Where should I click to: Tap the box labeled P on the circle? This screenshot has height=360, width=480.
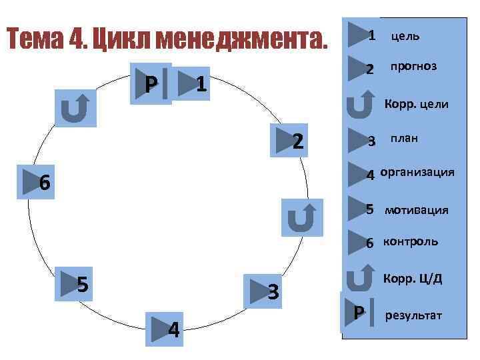[x=152, y=84]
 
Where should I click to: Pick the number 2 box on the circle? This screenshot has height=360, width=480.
[x=290, y=140]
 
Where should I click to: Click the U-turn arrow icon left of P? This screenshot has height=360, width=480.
[x=75, y=108]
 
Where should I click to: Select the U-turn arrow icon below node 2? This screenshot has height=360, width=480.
[x=302, y=217]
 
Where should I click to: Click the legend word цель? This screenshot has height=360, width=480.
[x=405, y=35]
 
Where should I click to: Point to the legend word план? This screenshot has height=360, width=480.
[x=404, y=139]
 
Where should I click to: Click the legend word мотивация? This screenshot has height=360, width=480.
[x=416, y=211]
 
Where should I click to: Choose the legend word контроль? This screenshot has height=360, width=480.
[x=410, y=241]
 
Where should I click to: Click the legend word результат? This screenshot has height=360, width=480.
[x=413, y=315]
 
